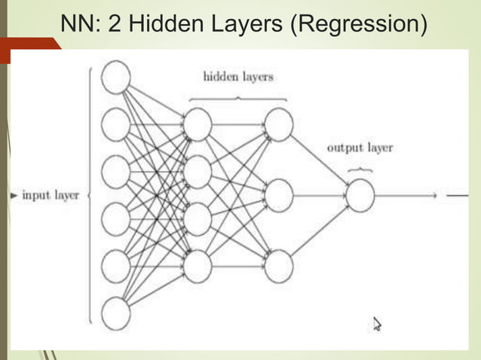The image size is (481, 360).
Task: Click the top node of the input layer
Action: (115, 78)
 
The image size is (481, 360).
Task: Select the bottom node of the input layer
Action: (115, 313)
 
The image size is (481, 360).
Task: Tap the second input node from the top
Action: (115, 125)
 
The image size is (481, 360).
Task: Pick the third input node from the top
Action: (115, 172)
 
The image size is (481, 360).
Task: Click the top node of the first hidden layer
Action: (198, 125)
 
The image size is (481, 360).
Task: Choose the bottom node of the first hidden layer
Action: (198, 267)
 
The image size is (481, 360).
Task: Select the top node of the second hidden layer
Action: (278, 125)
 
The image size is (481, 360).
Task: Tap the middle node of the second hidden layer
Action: (278, 196)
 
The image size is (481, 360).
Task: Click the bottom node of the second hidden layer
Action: (278, 267)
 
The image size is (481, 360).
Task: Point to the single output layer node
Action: (360, 196)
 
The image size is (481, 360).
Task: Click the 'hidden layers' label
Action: (238, 77)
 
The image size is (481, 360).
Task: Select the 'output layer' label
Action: (360, 148)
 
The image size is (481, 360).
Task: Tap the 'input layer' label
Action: (51, 195)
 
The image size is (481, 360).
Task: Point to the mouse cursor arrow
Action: (377, 324)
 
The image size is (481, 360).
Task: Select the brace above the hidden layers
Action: (238, 98)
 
